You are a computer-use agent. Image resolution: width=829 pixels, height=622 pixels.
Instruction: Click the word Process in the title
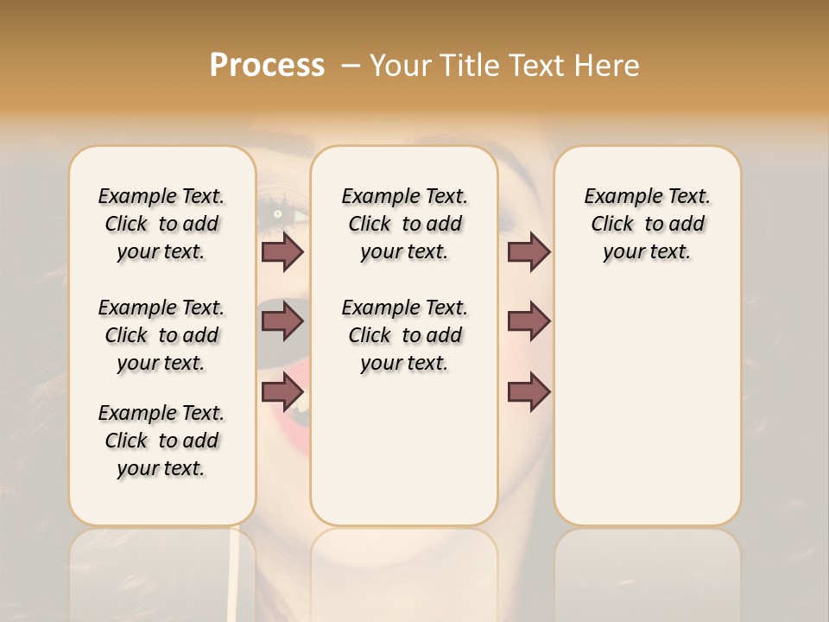point(267,66)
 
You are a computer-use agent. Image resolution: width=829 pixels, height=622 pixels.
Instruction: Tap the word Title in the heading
point(468,66)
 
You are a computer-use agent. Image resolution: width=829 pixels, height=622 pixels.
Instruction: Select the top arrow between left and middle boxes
point(282,252)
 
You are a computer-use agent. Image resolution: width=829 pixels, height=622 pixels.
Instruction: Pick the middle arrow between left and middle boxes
point(282,321)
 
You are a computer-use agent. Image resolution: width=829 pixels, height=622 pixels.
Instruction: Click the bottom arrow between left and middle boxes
point(282,391)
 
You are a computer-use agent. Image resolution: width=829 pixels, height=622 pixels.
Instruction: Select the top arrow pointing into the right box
point(528,252)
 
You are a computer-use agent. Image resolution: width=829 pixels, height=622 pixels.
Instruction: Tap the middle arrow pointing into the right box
point(528,321)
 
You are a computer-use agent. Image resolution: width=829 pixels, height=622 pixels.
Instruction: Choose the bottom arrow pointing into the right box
point(528,391)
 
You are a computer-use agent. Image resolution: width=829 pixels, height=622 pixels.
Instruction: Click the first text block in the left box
point(161,224)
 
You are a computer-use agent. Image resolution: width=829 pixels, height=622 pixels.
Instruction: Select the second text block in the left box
point(161,335)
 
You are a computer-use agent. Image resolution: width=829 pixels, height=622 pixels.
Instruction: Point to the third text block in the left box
point(161,441)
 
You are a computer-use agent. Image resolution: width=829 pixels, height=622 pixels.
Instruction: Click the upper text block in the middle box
point(404,224)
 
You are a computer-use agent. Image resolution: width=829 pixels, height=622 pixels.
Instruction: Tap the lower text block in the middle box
point(404,335)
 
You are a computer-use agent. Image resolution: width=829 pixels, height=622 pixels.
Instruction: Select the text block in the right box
point(647,224)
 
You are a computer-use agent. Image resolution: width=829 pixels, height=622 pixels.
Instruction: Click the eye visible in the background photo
point(278,213)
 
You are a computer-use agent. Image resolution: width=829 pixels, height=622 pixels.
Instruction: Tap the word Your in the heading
point(400,66)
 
